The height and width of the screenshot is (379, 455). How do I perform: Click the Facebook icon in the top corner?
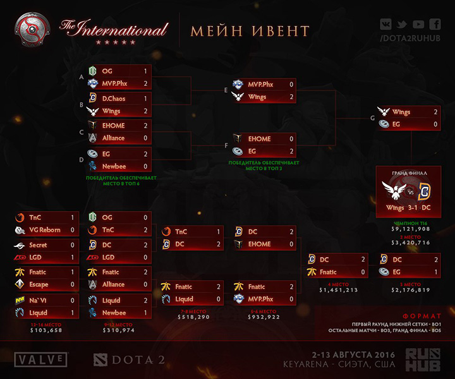click(x=435, y=25)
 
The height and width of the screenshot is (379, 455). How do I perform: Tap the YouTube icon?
click(x=418, y=25)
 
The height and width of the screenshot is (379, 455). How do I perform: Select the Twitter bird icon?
click(x=402, y=25)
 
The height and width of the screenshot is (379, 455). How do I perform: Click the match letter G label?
click(x=372, y=118)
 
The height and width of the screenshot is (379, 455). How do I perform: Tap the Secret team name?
click(x=38, y=244)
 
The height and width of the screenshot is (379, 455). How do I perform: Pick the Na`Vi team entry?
click(x=39, y=301)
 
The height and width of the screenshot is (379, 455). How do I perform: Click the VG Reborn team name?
click(x=45, y=230)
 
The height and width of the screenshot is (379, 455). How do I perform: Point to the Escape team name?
click(x=39, y=284)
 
